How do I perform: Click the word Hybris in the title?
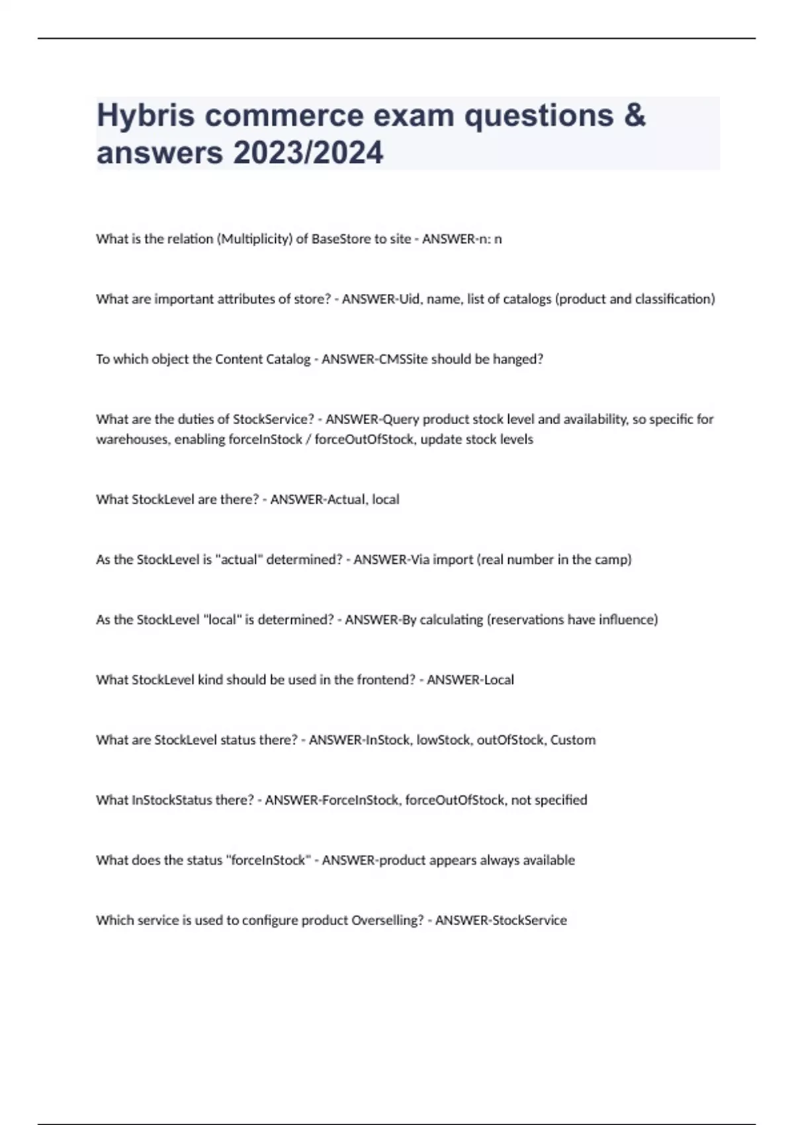[x=146, y=116]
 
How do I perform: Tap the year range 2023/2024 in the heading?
[x=308, y=153]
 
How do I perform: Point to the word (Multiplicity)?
[x=254, y=239]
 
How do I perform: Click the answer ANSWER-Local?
[x=470, y=680]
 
